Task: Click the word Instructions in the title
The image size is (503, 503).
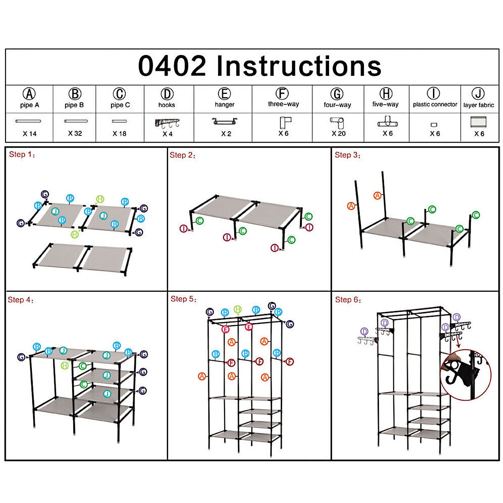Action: click(299, 66)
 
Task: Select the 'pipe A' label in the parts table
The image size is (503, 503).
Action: click(29, 105)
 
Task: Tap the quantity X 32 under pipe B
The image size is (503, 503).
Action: click(75, 133)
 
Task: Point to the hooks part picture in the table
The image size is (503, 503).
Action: click(167, 124)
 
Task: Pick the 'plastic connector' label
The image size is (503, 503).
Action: click(435, 104)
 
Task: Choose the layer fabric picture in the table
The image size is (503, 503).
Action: click(479, 123)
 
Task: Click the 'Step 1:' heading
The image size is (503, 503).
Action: click(22, 155)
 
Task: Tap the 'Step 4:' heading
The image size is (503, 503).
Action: click(21, 300)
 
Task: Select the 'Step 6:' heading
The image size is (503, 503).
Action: click(348, 300)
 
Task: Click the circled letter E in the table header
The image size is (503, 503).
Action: click(225, 94)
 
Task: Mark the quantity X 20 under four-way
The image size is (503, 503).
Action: click(339, 133)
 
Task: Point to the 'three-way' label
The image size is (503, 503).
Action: click(283, 104)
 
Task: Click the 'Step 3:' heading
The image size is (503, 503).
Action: click(347, 155)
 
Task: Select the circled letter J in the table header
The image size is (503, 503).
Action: click(478, 94)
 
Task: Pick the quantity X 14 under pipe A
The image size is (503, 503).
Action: click(30, 134)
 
